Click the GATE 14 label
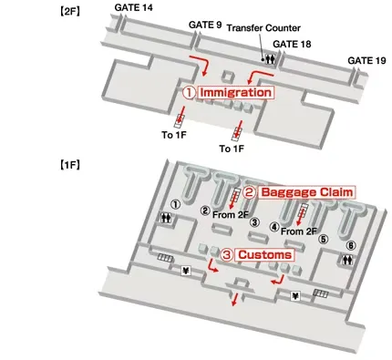click(135, 8)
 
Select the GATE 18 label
click(294, 43)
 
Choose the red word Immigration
click(235, 92)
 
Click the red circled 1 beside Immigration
click(189, 92)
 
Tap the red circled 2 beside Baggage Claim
click(247, 192)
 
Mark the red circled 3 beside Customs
click(227, 256)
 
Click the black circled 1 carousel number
click(175, 204)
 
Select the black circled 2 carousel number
click(206, 211)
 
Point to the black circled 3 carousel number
click(254, 221)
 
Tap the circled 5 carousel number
click(321, 241)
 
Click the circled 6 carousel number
click(351, 245)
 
